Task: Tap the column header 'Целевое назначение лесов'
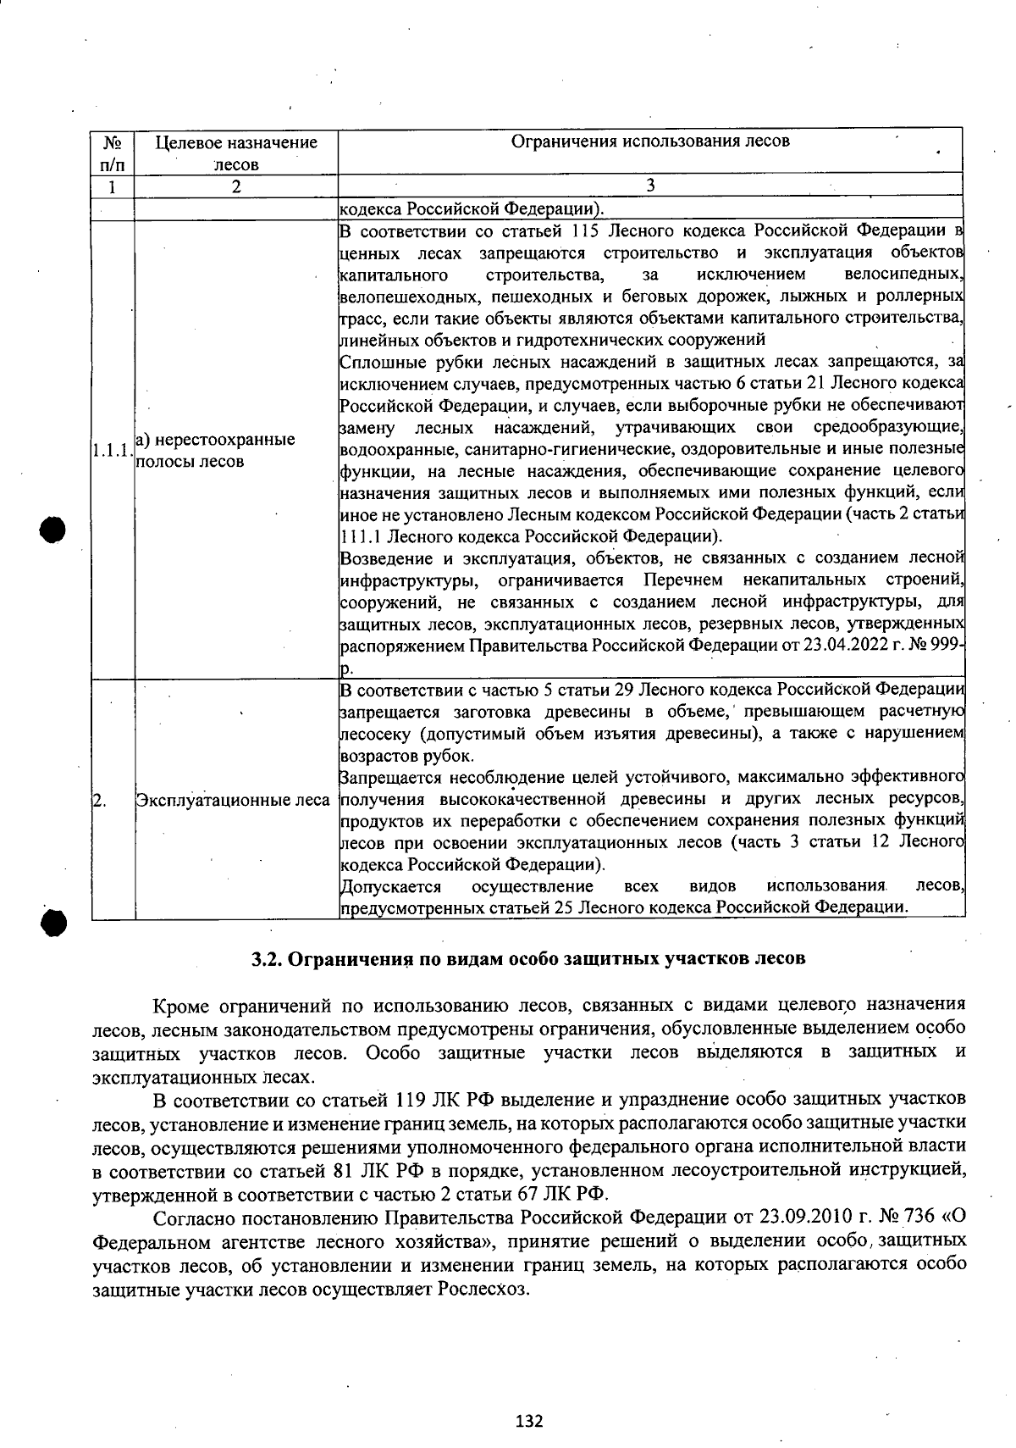click(x=236, y=153)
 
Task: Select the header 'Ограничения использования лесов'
click(x=650, y=141)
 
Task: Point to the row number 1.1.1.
click(x=112, y=452)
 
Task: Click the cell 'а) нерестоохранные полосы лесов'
click(x=215, y=450)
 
